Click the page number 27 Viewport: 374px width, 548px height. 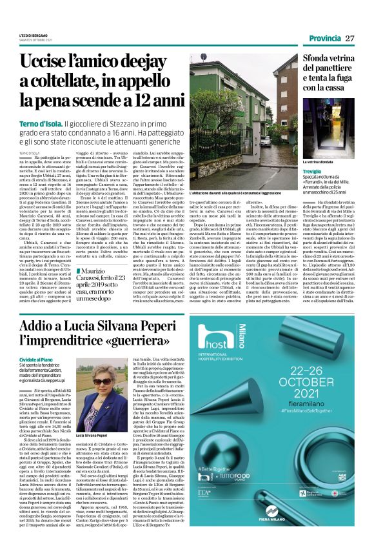(350, 38)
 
